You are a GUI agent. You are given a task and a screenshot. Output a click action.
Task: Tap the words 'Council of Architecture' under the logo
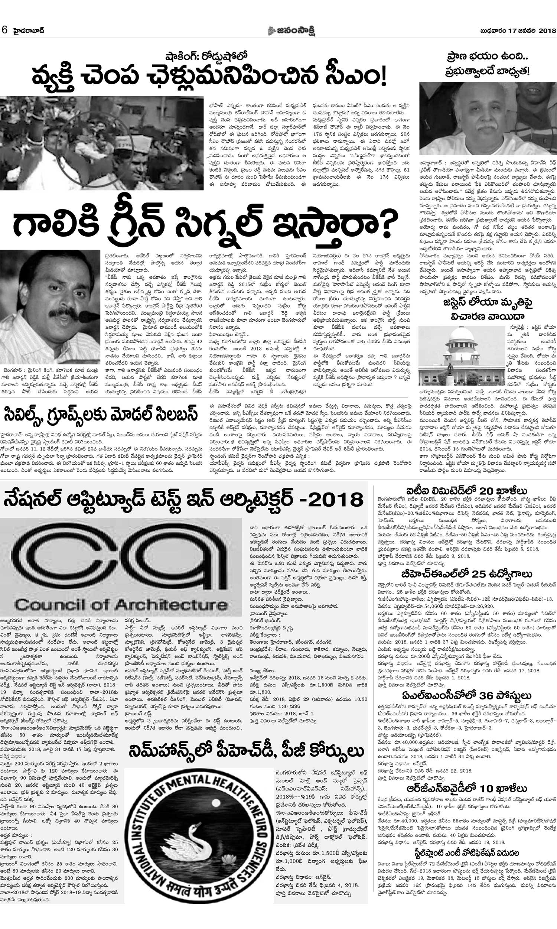121,604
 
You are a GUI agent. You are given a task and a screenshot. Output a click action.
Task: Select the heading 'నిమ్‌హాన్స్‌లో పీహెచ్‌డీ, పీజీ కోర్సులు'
246,741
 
